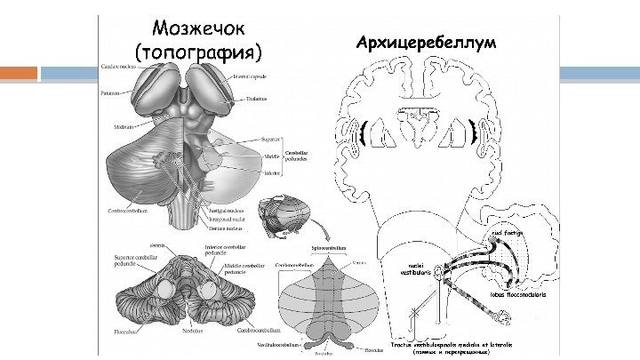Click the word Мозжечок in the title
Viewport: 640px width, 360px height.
(x=197, y=28)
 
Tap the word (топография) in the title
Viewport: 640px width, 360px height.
(x=197, y=50)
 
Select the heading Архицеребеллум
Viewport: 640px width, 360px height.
(x=427, y=42)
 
